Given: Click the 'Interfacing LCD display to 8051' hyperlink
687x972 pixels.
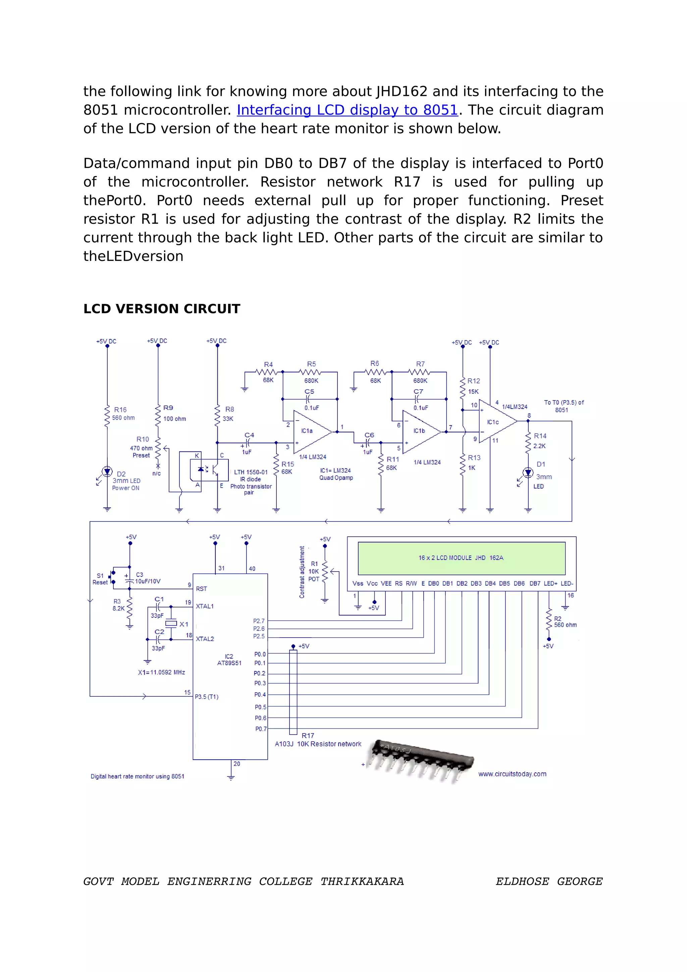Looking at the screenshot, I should (x=347, y=110).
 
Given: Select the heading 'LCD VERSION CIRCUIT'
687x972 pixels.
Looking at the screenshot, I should (x=162, y=309).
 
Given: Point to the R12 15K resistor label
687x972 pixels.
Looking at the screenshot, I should (x=473, y=386).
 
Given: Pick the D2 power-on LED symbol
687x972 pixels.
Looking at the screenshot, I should (x=107, y=471).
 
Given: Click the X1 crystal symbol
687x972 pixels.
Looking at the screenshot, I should (x=171, y=623).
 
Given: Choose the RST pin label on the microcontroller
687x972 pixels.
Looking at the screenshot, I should (x=202, y=589).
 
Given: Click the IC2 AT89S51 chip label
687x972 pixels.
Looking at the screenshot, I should (x=229, y=659).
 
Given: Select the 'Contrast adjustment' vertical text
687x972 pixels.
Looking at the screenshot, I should (x=302, y=572).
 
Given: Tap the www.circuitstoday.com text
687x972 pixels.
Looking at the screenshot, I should (x=512, y=774).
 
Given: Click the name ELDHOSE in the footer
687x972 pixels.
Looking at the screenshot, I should (x=522, y=881).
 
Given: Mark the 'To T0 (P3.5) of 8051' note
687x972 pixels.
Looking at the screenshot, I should (x=564, y=406).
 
